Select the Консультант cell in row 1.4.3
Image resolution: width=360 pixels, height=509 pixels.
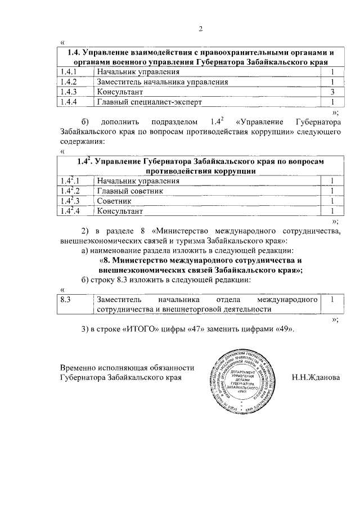coord(119,92)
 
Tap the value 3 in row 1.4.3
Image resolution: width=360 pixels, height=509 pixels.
coord(333,92)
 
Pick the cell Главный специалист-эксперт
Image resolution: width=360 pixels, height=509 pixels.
coord(149,102)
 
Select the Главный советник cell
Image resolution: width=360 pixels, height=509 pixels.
coord(130,191)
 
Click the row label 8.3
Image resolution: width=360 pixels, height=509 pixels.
coord(66,300)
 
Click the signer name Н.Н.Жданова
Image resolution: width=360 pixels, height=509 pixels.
coord(316,377)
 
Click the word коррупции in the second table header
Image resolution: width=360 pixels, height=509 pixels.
coord(235,171)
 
